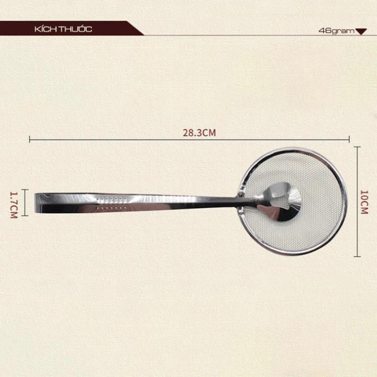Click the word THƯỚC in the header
point(76,29)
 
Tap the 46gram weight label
point(337,31)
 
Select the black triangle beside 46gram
point(361,31)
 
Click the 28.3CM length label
point(199,133)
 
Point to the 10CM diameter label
point(364,202)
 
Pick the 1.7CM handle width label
point(14,205)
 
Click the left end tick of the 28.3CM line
point(30,139)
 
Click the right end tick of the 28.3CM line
point(349,139)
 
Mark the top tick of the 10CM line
point(357,147)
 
